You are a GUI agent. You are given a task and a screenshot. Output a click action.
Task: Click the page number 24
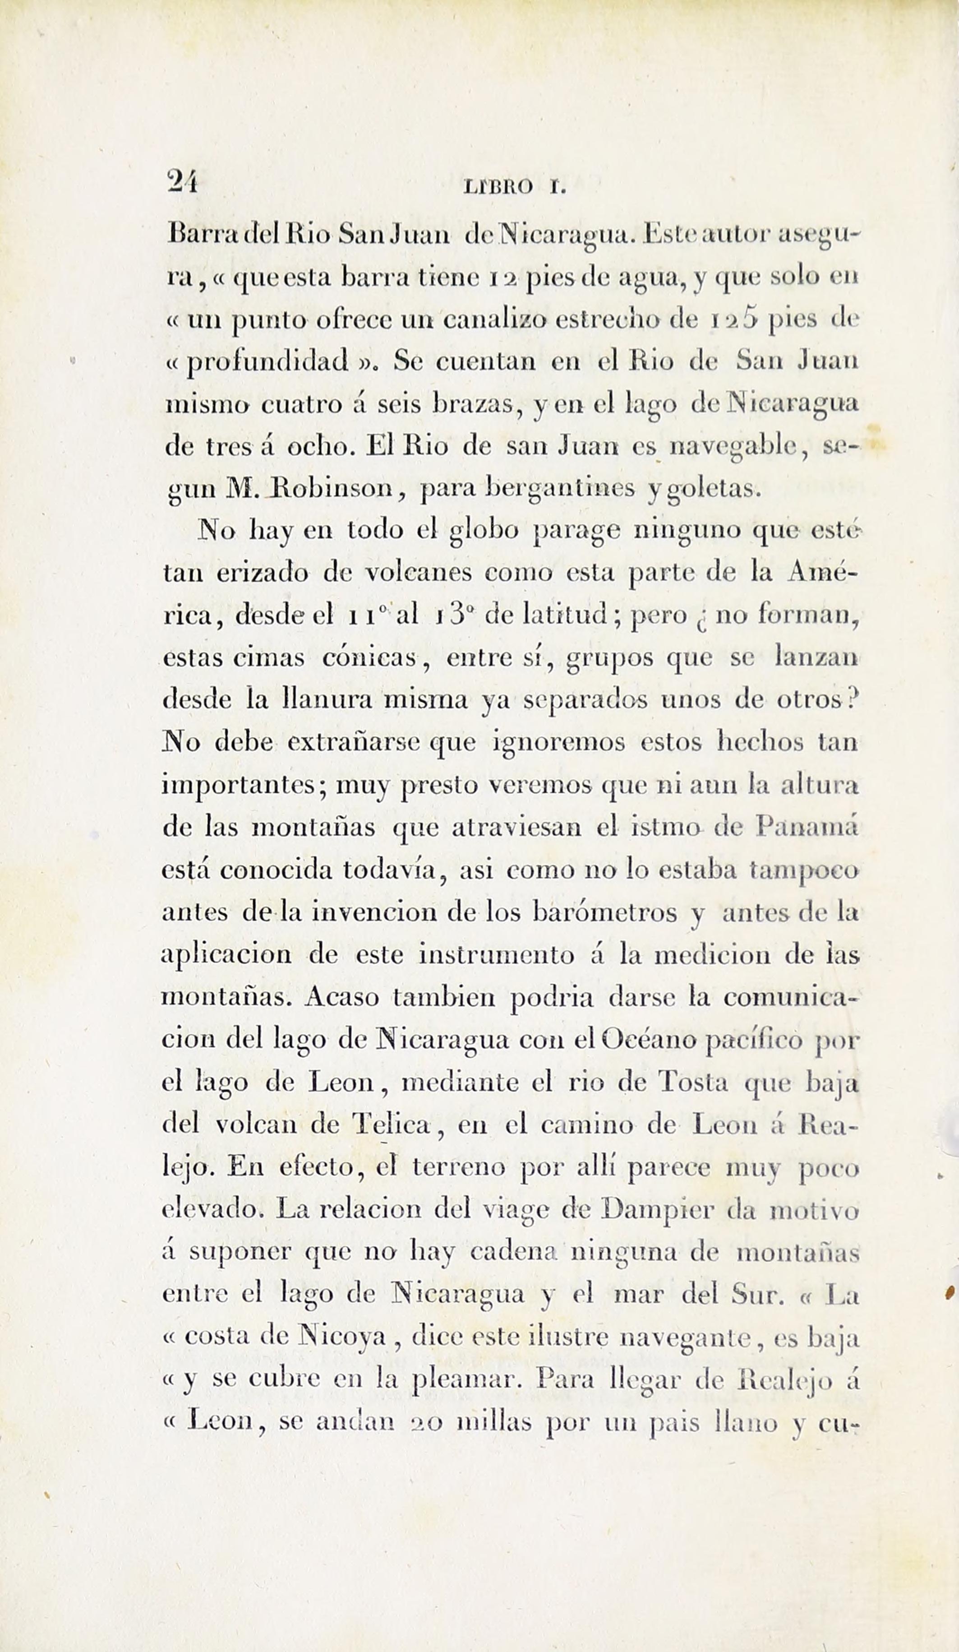coord(183,180)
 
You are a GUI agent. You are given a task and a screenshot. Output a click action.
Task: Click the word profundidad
coord(267,362)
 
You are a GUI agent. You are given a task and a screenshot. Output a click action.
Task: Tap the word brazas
coord(474,404)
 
